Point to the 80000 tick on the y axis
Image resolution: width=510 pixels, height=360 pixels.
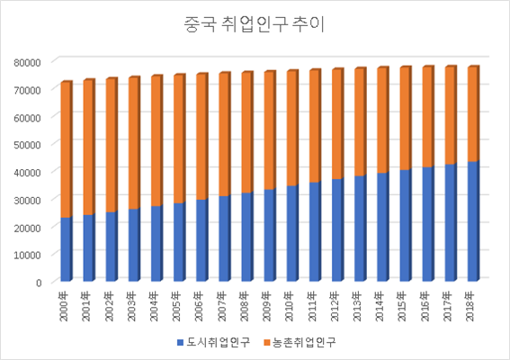[27, 61]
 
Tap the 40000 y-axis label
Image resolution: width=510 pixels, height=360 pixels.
[27, 171]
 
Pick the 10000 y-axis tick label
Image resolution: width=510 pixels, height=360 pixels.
[27, 254]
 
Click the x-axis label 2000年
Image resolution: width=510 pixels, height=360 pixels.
[66, 301]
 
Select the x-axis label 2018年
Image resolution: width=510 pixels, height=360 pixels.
[470, 301]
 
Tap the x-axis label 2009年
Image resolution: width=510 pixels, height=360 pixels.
[268, 301]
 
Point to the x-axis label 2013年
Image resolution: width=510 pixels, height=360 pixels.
[358, 301]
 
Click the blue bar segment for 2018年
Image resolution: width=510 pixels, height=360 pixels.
[470, 221]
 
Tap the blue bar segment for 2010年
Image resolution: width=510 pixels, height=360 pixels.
[291, 234]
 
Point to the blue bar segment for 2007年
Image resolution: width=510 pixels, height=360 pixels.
[223, 238]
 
